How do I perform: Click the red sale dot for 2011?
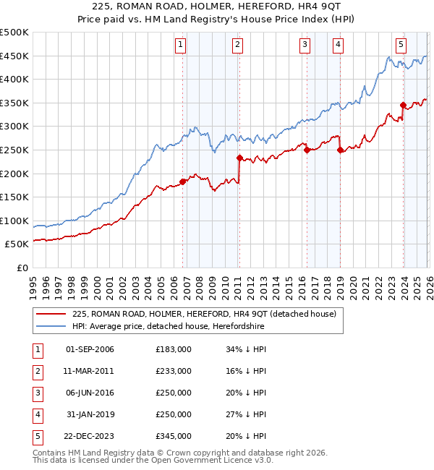239,157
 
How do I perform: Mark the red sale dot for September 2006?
182,181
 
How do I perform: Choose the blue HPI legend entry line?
51,327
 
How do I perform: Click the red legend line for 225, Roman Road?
51,315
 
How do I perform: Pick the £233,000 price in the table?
173,371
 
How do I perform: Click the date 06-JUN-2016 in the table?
90,393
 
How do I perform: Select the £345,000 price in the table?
173,436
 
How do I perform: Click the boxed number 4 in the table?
37,414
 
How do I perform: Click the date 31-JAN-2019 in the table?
90,414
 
